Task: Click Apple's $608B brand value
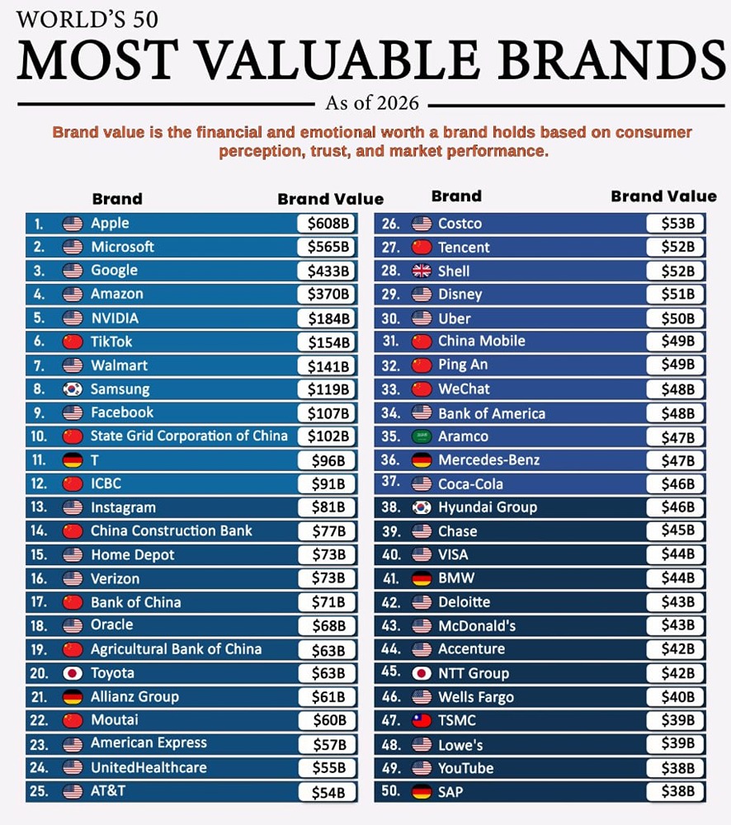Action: (328, 224)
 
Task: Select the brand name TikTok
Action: (111, 342)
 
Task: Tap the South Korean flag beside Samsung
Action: (73, 389)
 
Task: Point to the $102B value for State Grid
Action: (328, 436)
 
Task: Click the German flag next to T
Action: (73, 460)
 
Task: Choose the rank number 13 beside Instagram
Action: (38, 507)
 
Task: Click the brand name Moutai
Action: (115, 720)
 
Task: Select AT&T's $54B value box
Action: (328, 792)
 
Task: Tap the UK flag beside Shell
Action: (422, 271)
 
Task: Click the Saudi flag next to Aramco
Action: (422, 436)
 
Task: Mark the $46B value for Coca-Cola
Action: (676, 484)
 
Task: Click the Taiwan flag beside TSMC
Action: (422, 721)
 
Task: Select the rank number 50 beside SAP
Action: (390, 792)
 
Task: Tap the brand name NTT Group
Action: (474, 673)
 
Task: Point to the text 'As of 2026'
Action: (371, 103)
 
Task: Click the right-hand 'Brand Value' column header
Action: (663, 196)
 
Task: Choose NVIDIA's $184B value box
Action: (328, 318)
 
